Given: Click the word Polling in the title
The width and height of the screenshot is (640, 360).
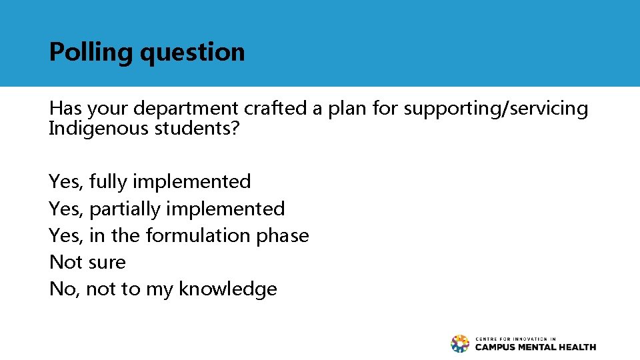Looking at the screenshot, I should click(x=91, y=52).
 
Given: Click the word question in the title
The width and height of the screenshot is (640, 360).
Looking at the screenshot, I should click(x=193, y=52).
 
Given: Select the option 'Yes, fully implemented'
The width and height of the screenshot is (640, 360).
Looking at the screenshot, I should click(x=150, y=181).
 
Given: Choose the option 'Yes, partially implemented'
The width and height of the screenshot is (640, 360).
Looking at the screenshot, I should click(x=167, y=209).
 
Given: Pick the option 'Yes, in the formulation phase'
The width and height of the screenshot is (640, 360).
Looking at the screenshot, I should click(x=179, y=235).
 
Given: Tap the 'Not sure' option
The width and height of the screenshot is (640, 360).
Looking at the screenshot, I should click(x=87, y=262).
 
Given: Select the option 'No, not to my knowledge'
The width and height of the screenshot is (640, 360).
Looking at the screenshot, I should click(x=163, y=289).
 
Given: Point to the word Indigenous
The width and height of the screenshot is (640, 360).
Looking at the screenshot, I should click(x=99, y=128).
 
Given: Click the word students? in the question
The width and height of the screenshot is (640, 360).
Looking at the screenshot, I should click(x=197, y=128).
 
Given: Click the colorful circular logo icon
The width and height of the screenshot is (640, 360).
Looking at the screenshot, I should click(x=460, y=343).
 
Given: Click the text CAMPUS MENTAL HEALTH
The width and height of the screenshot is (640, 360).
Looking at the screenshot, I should click(x=535, y=347).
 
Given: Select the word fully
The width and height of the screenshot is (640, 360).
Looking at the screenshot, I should click(x=107, y=181).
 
